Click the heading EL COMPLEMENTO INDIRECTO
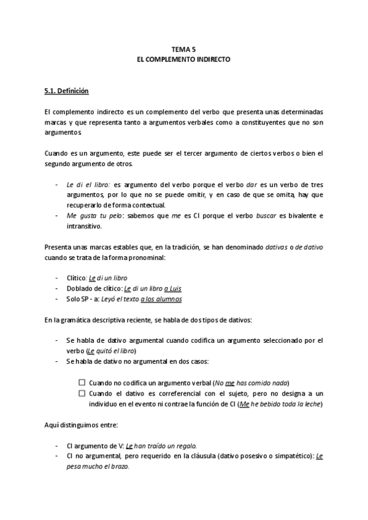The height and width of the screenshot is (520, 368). pos(183,61)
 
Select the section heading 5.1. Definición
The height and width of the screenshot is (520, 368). pos(67,92)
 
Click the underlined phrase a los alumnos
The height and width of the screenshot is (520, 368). pos(161,299)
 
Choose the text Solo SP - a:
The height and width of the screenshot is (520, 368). pos(84,299)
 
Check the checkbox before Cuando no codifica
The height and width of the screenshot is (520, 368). pos(82,382)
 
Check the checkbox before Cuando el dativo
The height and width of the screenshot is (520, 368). pos(82,392)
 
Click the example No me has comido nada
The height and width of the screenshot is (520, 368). pos(251,382)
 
